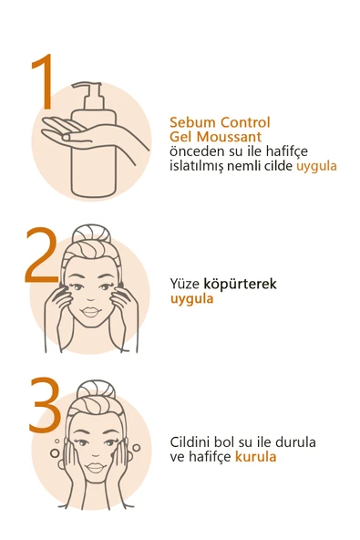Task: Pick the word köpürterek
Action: [240, 284]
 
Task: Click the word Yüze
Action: [186, 284]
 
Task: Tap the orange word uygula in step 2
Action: [191, 298]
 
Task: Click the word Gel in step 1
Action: [181, 138]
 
